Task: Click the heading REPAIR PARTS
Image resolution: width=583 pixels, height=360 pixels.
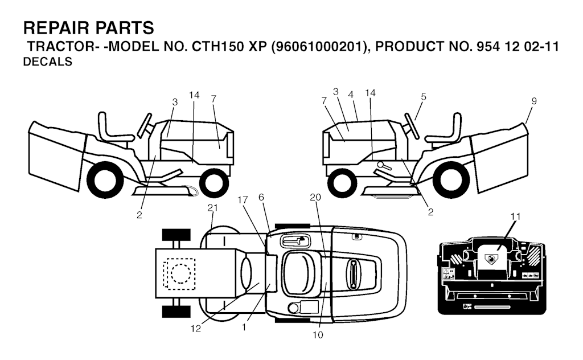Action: pyautogui.click(x=88, y=28)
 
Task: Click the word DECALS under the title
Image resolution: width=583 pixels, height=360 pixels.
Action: pyautogui.click(x=48, y=62)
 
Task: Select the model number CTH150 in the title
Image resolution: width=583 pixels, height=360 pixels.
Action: pyautogui.click(x=217, y=47)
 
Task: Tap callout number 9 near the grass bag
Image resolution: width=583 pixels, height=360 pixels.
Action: pyautogui.click(x=534, y=101)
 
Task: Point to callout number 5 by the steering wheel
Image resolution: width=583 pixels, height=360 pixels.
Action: pyautogui.click(x=424, y=97)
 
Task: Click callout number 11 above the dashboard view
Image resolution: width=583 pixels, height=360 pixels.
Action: pyautogui.click(x=516, y=216)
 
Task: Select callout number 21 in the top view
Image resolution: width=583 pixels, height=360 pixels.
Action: pyautogui.click(x=212, y=207)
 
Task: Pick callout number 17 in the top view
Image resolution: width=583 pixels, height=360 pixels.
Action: pyautogui.click(x=243, y=200)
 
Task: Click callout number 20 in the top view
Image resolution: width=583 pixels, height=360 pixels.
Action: pyautogui.click(x=315, y=198)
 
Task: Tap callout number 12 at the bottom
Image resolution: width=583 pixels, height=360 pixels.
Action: pyautogui.click(x=196, y=329)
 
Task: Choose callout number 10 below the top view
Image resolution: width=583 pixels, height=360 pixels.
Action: pyautogui.click(x=318, y=335)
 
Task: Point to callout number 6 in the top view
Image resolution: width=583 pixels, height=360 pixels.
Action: pyautogui.click(x=261, y=197)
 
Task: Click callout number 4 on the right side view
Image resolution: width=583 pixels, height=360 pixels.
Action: pyautogui.click(x=351, y=95)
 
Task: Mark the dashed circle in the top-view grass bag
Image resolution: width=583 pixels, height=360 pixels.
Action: pyautogui.click(x=180, y=274)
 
